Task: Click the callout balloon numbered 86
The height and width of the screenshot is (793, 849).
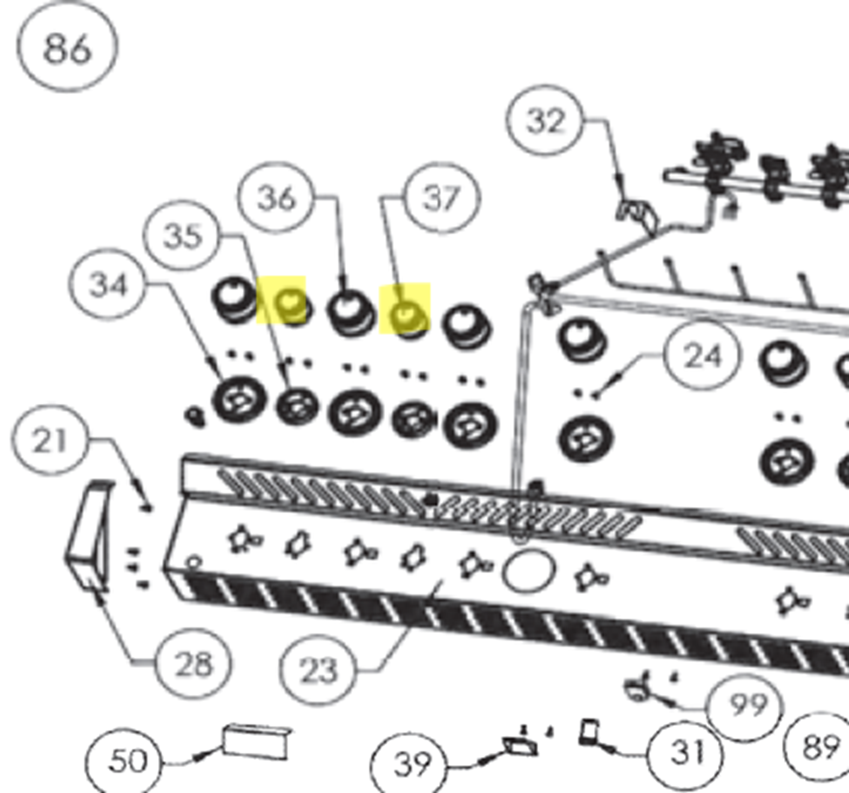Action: pos(67,46)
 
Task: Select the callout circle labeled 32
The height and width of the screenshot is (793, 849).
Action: pos(544,120)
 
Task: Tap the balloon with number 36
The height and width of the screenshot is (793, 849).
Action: pos(276,198)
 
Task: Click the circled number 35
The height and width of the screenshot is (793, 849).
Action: pos(181,235)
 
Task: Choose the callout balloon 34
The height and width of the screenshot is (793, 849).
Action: pos(108,284)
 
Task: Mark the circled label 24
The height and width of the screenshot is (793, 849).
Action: pos(702,355)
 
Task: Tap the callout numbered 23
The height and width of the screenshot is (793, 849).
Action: pos(318,669)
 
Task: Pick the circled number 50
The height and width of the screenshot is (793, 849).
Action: pos(124,761)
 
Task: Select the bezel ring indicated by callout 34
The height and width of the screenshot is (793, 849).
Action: pos(239,400)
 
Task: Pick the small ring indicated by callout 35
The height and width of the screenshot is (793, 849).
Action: pos(297,406)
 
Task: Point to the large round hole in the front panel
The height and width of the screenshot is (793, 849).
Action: pos(530,571)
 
